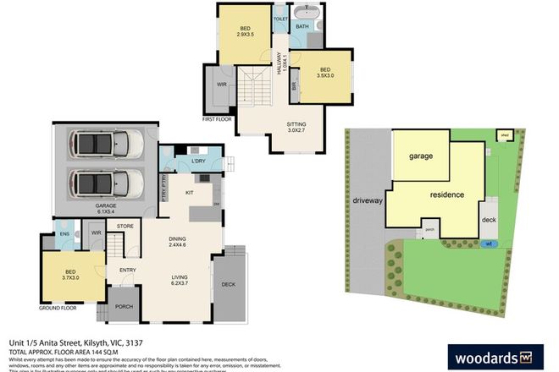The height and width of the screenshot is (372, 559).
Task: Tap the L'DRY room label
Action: tap(201, 161)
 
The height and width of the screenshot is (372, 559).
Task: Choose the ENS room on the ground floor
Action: tap(64, 234)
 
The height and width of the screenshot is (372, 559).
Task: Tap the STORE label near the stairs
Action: tap(125, 226)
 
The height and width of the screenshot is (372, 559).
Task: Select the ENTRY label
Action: tap(129, 271)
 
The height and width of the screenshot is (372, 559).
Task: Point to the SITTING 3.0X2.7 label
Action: tap(296, 126)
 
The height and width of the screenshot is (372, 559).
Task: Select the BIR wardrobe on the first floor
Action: tap(294, 85)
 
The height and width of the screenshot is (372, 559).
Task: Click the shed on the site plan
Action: tap(505, 134)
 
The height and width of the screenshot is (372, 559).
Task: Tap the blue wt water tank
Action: tap(488, 243)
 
